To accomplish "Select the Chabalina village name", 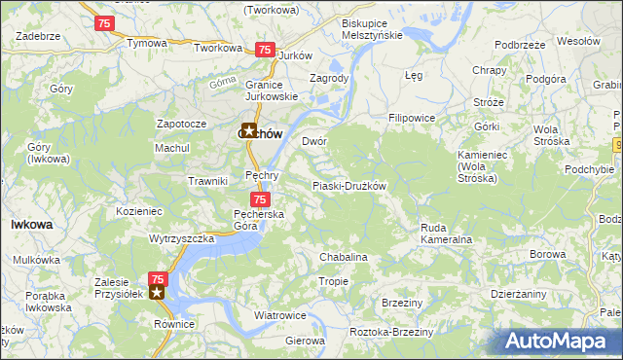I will click(344, 257).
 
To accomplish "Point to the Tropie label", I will click(333, 281).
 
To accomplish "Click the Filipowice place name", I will click(411, 118).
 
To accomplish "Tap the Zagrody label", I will click(328, 78).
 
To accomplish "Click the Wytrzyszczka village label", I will click(181, 237).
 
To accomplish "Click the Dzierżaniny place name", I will click(519, 294).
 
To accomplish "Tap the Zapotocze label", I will click(181, 125).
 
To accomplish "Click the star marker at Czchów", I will click(249, 131).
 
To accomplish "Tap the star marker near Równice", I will click(157, 291).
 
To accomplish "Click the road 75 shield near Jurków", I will click(263, 50).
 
